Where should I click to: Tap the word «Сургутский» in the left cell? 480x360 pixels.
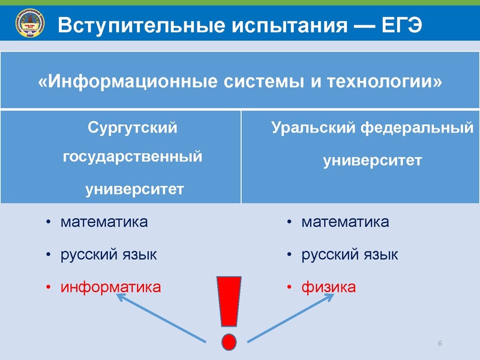(133, 127)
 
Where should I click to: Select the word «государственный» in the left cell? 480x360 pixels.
(133, 158)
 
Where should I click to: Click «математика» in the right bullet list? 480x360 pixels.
(345, 222)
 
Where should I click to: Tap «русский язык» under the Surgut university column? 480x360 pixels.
(109, 254)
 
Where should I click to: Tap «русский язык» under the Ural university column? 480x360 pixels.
(350, 254)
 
